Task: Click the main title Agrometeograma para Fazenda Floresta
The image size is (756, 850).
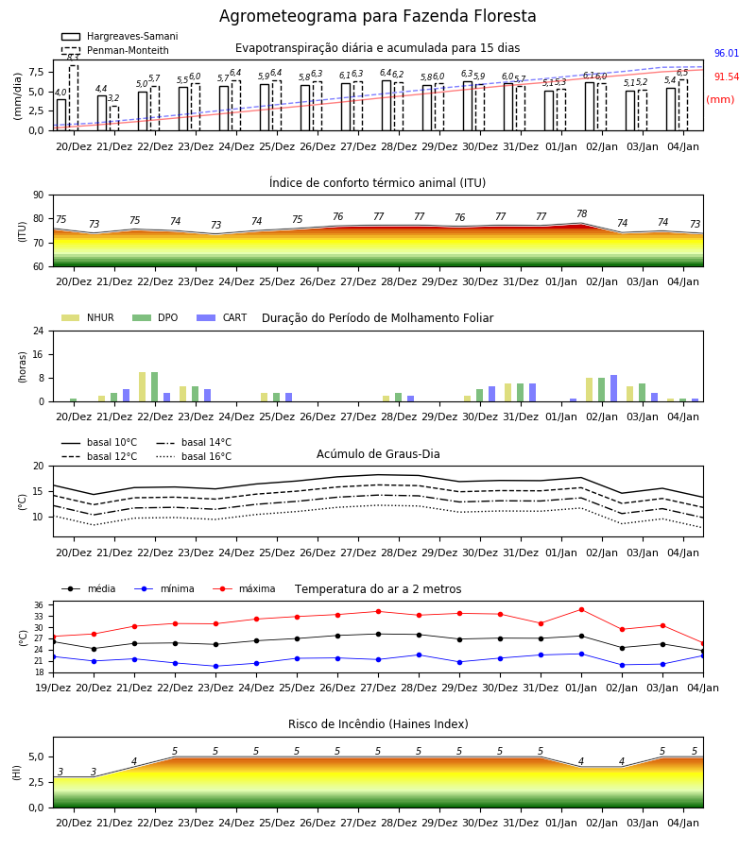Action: (x=377, y=16)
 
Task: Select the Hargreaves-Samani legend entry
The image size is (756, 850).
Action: (x=119, y=36)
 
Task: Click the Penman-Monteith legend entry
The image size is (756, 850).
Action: (x=115, y=50)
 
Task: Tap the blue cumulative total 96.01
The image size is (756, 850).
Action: (x=727, y=53)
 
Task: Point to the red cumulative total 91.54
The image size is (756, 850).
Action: (x=727, y=77)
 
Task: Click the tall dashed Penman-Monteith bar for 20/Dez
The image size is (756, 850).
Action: (x=74, y=97)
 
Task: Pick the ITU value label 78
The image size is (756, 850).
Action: (x=582, y=213)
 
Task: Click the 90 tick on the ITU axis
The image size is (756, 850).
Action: (x=39, y=195)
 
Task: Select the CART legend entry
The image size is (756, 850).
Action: (x=222, y=317)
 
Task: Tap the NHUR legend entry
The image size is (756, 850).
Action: (x=87, y=317)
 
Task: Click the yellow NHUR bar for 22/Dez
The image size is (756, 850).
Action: (x=142, y=387)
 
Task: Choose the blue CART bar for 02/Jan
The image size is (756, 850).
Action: (x=614, y=388)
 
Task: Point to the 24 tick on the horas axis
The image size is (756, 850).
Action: (x=39, y=331)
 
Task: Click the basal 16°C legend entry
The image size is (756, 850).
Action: (x=194, y=456)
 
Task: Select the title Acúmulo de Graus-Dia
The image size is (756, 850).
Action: (x=378, y=454)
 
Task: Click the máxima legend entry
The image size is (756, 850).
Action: (x=244, y=588)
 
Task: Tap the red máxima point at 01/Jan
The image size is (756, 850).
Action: (x=582, y=610)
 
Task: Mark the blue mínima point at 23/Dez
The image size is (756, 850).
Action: (x=215, y=666)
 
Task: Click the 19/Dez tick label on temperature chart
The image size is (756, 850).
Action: (x=53, y=688)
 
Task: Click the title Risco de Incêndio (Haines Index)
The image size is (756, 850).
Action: (x=378, y=724)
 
